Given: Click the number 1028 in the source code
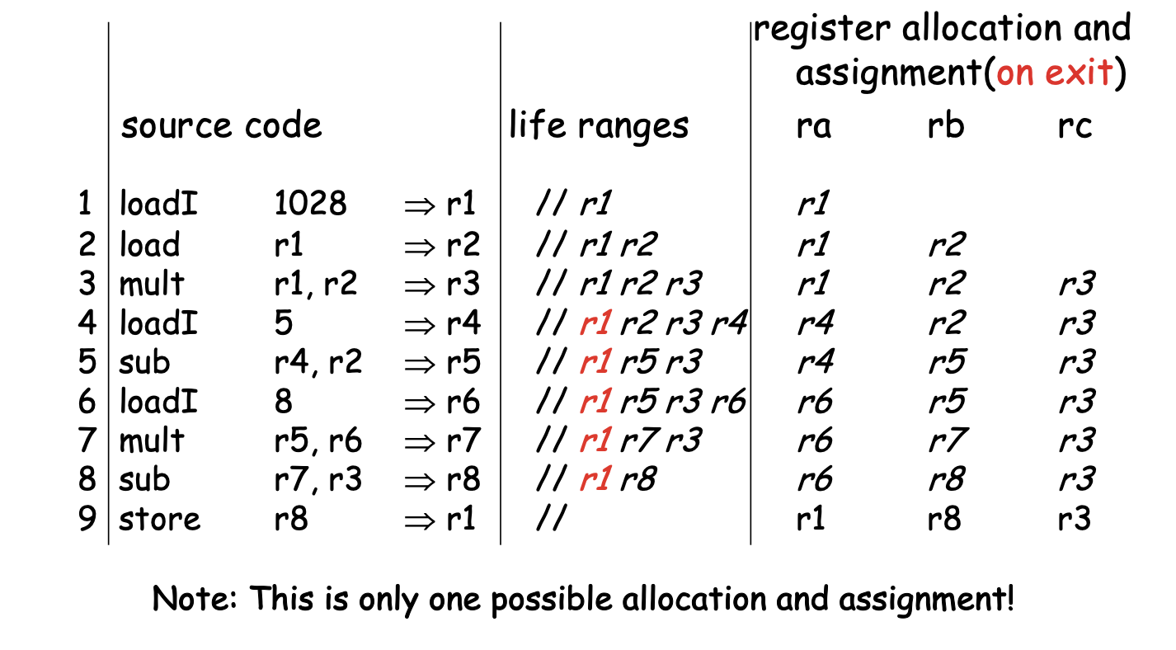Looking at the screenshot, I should pyautogui.click(x=310, y=204).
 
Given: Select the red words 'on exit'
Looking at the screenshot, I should pyautogui.click(x=1055, y=73).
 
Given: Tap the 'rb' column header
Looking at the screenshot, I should pyautogui.click(x=945, y=126).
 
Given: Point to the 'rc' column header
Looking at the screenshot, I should pyautogui.click(x=1075, y=126).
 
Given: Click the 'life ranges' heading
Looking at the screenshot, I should pyautogui.click(x=598, y=126).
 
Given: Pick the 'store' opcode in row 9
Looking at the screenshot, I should pyautogui.click(x=160, y=520).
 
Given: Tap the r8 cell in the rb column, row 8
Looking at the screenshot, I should pyautogui.click(x=945, y=480).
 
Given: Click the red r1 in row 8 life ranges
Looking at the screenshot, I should pyautogui.click(x=594, y=480).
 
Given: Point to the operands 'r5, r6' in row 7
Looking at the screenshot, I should pyautogui.click(x=318, y=441).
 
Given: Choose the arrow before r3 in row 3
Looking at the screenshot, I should pyautogui.click(x=421, y=285).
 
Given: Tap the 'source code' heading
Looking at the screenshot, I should pyautogui.click(x=221, y=126).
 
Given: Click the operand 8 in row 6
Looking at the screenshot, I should pyautogui.click(x=283, y=402).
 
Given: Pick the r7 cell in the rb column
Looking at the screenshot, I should pyautogui.click(x=945, y=440).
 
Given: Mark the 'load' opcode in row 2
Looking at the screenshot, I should pyautogui.click(x=149, y=245).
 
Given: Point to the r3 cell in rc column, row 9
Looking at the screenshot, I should pyautogui.click(x=1075, y=520).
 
